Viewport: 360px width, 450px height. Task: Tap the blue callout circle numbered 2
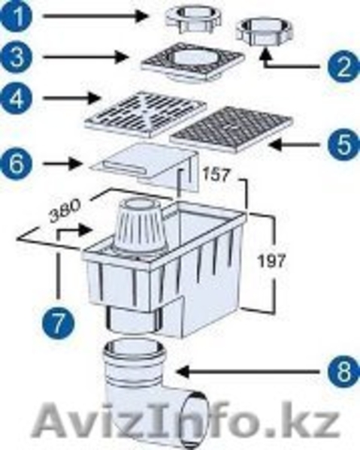(x=343, y=67)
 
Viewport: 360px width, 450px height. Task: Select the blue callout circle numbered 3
(x=15, y=57)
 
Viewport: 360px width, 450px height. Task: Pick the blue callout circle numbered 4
(x=15, y=98)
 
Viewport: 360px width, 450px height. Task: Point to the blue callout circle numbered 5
(x=343, y=145)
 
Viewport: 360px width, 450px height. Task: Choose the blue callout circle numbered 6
(x=15, y=165)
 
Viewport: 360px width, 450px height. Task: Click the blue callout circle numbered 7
(x=59, y=322)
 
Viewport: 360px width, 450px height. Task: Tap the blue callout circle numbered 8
(x=343, y=372)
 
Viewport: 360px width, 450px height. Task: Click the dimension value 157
(x=216, y=174)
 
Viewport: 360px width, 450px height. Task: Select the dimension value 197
(x=271, y=261)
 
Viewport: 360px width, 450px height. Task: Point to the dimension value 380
(x=65, y=210)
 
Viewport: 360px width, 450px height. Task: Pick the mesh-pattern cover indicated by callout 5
(x=230, y=129)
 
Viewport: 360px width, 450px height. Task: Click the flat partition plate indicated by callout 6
(x=145, y=167)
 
